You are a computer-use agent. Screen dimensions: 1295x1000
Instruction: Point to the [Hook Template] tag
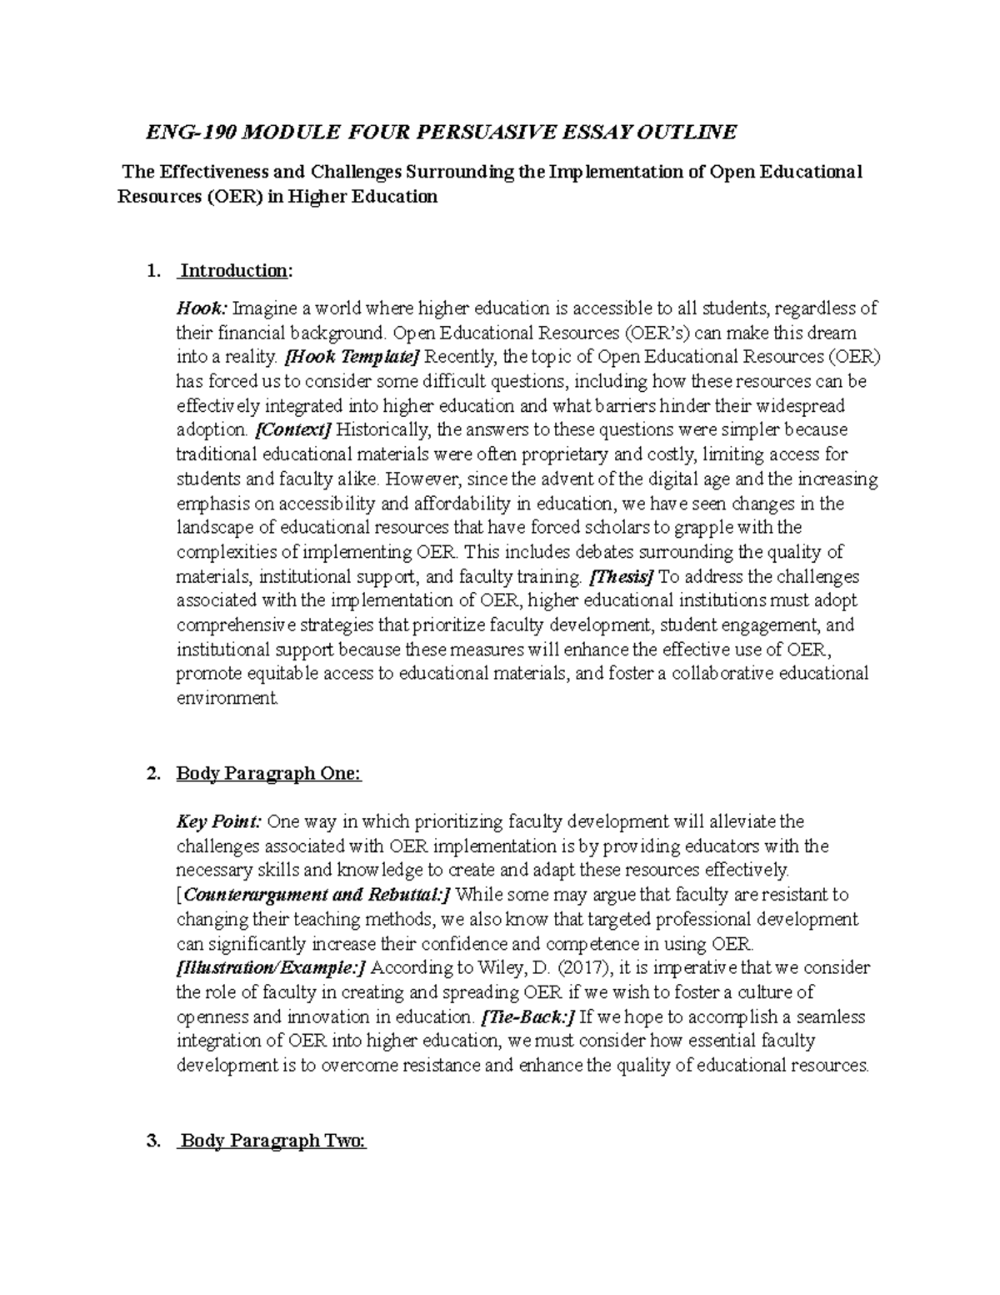tap(352, 358)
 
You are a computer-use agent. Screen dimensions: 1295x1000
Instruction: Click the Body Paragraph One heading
tap(268, 774)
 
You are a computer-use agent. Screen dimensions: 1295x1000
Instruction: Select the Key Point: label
tap(219, 822)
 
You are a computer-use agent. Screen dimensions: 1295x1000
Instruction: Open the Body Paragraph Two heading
tap(272, 1142)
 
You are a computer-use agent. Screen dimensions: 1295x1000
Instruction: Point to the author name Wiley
tap(498, 968)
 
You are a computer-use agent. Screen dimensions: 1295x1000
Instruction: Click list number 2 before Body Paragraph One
tap(151, 774)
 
